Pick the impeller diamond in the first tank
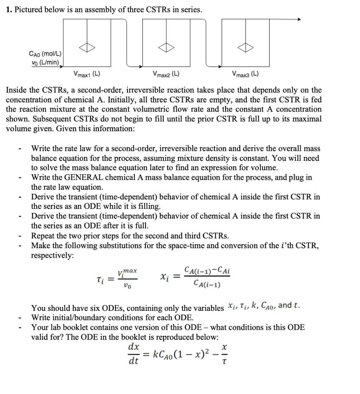[x=87, y=48]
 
